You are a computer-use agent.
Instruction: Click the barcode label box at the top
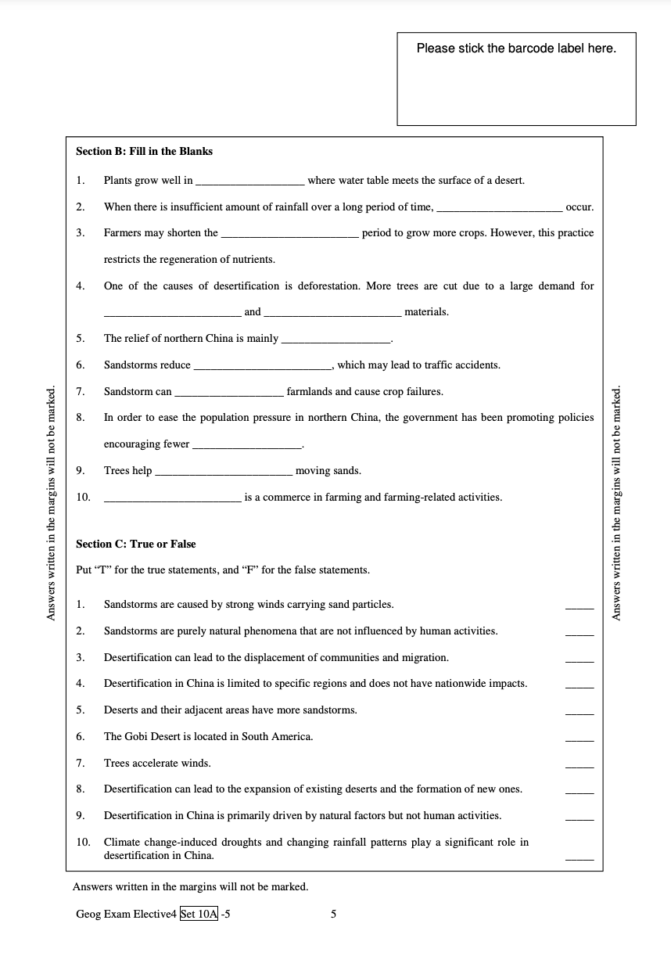coord(516,79)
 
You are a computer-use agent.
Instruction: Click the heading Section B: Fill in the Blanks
coord(144,151)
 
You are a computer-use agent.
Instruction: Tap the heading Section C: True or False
coord(135,544)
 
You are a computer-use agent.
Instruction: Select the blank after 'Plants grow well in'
coord(249,181)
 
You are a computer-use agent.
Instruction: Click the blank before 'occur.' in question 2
coord(499,208)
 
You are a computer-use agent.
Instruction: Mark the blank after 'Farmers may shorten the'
coord(289,234)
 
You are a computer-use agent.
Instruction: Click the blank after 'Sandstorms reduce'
coord(262,366)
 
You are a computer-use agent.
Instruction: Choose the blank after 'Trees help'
coord(224,472)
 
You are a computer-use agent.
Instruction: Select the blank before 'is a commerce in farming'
coord(172,498)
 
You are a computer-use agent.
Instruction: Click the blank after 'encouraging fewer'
coord(247,445)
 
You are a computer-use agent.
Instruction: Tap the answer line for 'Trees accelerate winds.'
coord(579,765)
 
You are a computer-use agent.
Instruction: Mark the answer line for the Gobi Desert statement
coord(579,739)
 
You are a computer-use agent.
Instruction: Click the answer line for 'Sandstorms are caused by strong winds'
coord(579,606)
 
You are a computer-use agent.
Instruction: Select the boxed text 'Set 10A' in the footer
coord(199,913)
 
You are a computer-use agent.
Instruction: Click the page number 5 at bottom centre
coord(334,913)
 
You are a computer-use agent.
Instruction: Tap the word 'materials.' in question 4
coord(426,311)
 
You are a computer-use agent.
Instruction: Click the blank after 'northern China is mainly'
coord(335,340)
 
